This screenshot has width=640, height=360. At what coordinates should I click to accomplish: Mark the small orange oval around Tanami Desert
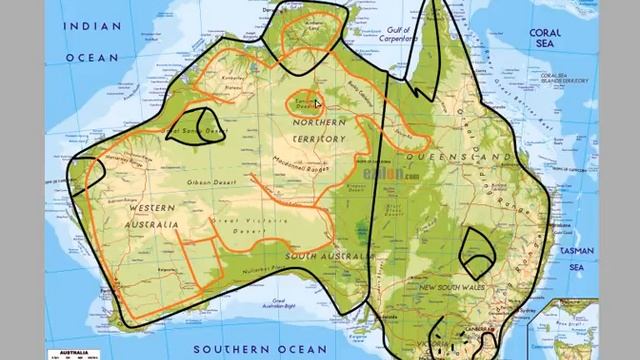303,103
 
